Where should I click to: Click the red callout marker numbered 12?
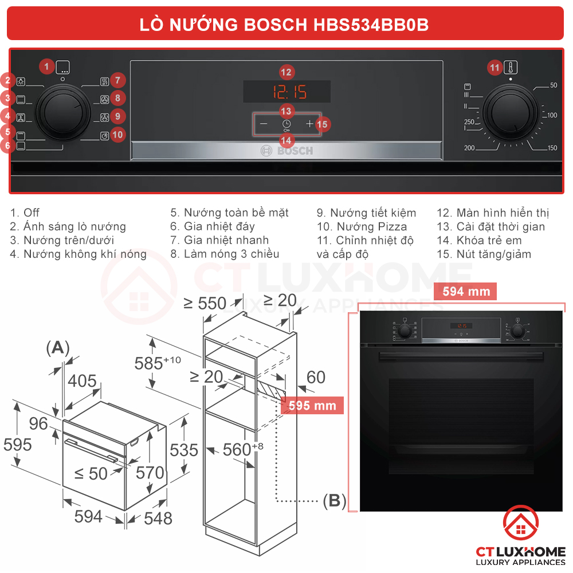tap(286, 72)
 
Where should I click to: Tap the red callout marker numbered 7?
tap(117, 81)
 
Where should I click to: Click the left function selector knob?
tap(63, 111)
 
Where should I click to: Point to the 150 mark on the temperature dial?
tap(551, 148)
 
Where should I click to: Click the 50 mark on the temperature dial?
tap(553, 85)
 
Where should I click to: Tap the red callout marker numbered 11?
tap(494, 68)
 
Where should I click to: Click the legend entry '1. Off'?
tap(25, 213)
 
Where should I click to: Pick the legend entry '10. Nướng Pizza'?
tap(362, 227)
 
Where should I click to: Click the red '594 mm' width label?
tap(466, 292)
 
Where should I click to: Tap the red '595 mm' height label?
tap(312, 406)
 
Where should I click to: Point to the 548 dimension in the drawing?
tap(158, 519)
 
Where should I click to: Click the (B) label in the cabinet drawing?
tap(335, 501)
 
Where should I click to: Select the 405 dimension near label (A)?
tap(82, 381)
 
